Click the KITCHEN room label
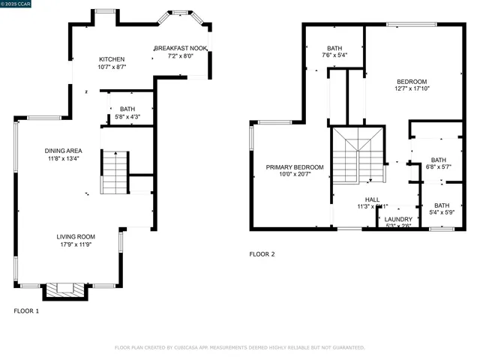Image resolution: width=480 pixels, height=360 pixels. coord(112,59)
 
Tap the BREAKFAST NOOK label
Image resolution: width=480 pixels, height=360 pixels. coord(181,48)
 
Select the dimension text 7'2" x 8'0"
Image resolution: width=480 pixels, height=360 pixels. coord(181,56)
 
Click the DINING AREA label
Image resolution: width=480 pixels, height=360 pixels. coord(63,150)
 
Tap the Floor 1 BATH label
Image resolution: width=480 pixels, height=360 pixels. coord(127,109)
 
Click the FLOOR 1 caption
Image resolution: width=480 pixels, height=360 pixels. coord(27,310)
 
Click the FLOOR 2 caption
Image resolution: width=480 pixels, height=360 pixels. coord(262,254)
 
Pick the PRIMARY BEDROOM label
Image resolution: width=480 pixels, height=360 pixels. coord(295,166)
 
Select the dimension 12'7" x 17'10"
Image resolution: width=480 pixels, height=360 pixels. coord(412,89)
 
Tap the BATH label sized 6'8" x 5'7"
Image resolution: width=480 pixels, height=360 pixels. coord(438,159)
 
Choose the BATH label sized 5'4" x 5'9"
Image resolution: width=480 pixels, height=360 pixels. coord(442,205)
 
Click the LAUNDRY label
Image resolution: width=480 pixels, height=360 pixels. coord(398,219)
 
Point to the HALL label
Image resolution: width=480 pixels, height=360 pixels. coord(372,199)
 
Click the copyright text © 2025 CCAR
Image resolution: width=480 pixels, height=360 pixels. coord(22,4)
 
